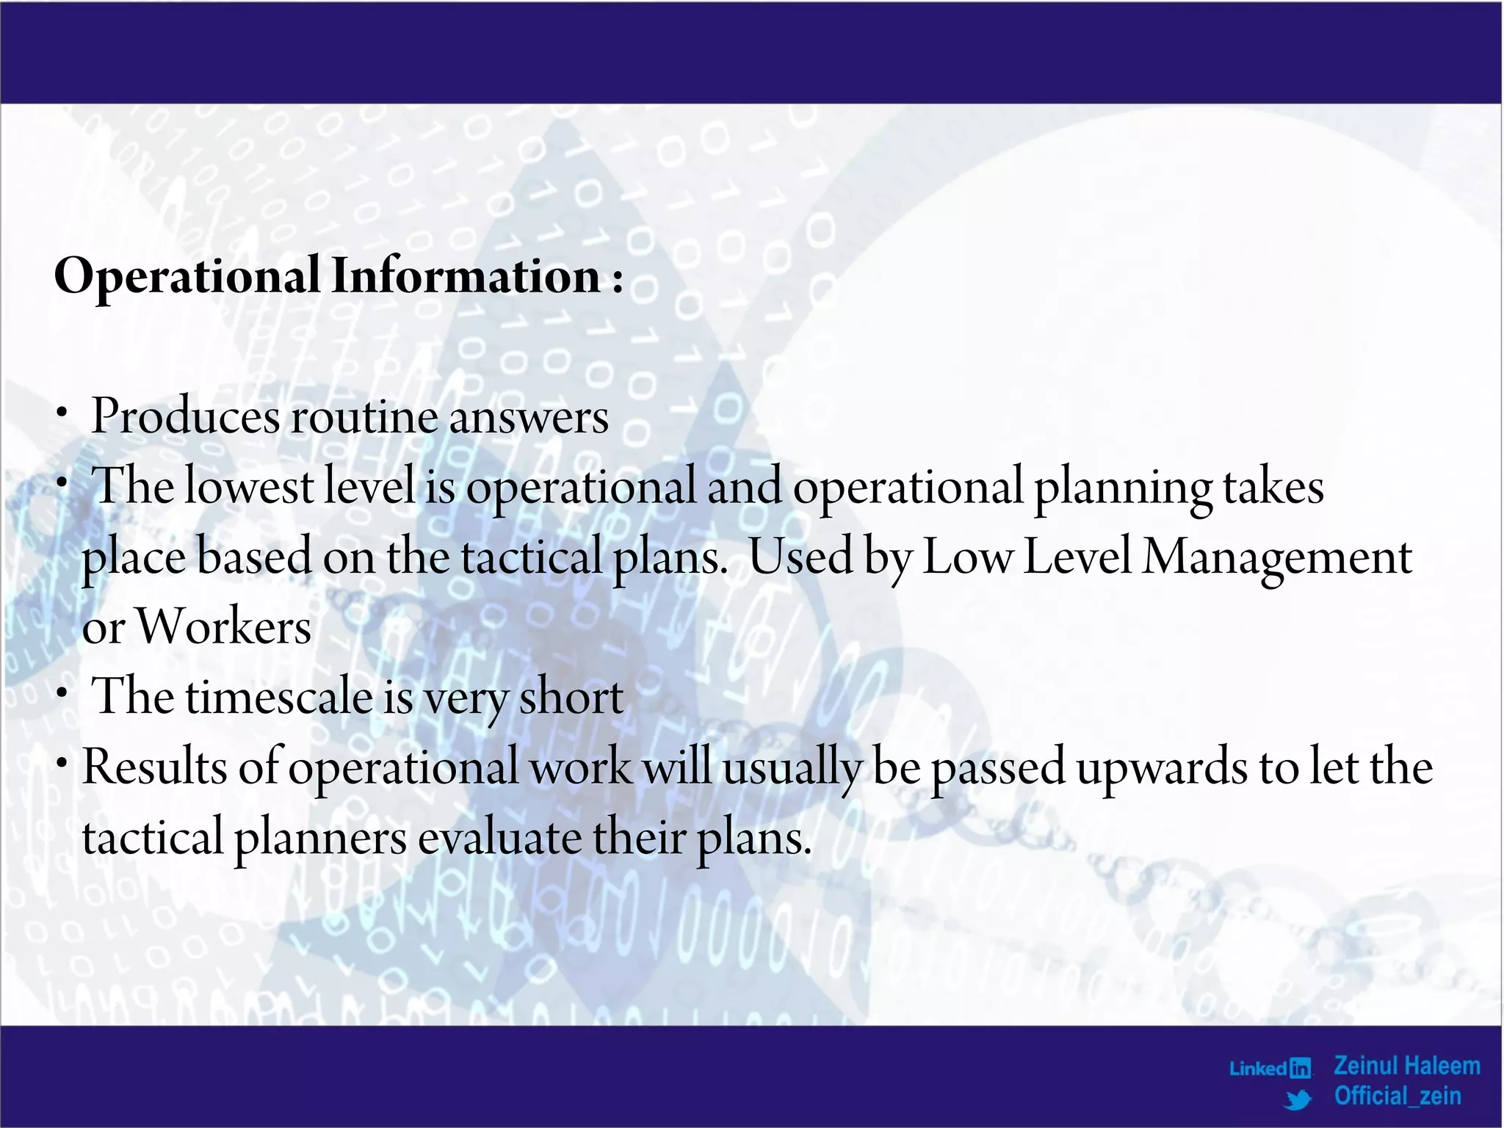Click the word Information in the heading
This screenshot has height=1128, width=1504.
click(x=466, y=276)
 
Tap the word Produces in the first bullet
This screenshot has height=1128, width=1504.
click(x=185, y=416)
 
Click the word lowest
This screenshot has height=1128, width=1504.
click(x=248, y=486)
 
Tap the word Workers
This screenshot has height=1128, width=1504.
click(x=224, y=627)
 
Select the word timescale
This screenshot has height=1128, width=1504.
click(x=279, y=697)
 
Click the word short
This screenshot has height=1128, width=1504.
click(x=571, y=697)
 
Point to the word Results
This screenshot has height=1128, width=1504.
click(x=155, y=767)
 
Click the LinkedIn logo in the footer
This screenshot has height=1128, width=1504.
click(x=1270, y=1068)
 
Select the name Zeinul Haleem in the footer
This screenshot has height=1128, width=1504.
click(x=1406, y=1066)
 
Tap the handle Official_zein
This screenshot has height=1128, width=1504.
click(x=1398, y=1096)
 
